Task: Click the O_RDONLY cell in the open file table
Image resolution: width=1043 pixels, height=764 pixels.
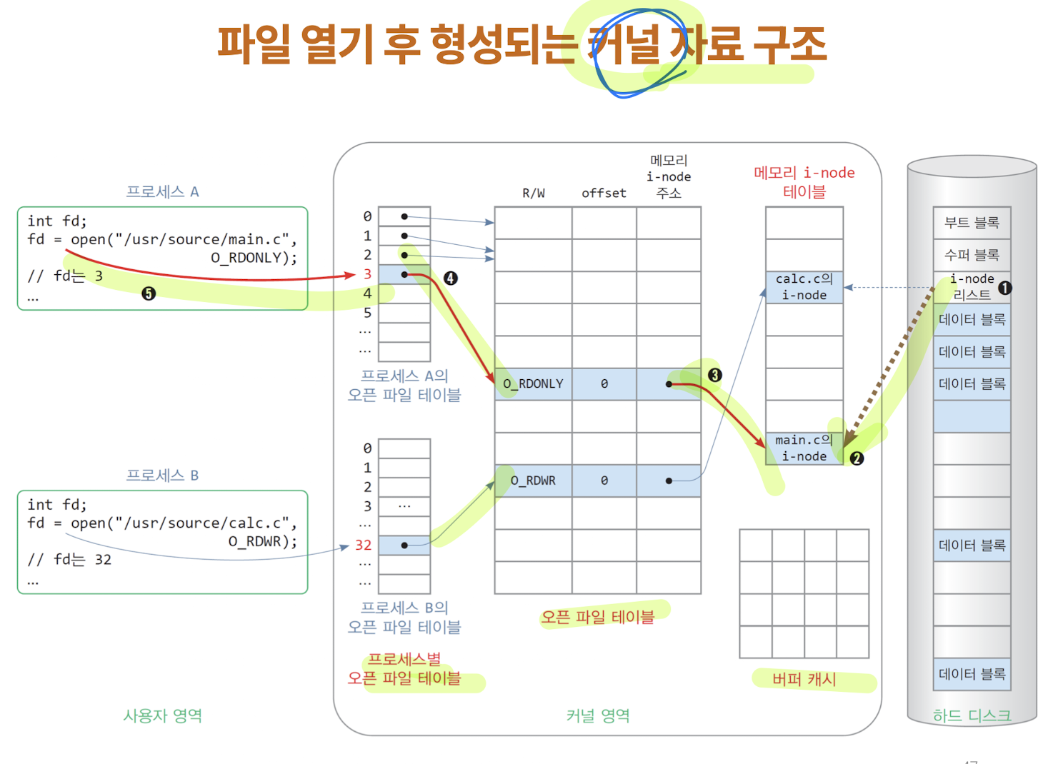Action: pos(533,384)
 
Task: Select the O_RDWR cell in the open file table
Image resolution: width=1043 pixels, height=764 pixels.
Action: pos(533,481)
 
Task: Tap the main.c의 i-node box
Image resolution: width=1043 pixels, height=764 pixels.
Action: pos(804,448)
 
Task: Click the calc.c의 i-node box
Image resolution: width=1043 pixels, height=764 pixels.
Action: pos(804,287)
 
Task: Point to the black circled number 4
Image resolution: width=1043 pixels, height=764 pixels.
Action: pos(450,278)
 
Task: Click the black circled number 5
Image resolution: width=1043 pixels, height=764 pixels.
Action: pos(149,293)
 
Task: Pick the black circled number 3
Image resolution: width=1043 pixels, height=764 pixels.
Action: pos(714,375)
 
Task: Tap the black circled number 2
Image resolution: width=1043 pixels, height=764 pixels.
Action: pos(857,458)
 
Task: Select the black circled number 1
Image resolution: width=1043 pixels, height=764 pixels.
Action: pos(1004,288)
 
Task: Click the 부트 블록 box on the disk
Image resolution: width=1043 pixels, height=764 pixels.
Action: pos(972,223)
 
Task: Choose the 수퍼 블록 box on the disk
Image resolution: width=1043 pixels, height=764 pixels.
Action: pos(972,255)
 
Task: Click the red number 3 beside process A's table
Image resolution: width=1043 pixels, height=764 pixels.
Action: pos(367,274)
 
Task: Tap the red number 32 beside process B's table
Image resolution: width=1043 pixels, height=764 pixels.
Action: pos(363,545)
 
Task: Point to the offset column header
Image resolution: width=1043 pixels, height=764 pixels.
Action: pos(604,193)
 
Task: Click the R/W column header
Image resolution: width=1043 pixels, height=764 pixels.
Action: pos(533,193)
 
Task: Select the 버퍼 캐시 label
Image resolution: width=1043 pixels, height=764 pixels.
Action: pos(804,679)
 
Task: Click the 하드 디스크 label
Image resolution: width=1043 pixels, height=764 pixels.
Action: pos(972,715)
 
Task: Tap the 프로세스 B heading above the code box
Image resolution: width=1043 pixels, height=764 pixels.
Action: pos(162,476)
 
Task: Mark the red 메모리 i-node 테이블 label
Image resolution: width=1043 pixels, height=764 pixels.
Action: pos(804,182)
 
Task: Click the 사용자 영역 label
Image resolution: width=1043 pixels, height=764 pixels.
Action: pos(162,715)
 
